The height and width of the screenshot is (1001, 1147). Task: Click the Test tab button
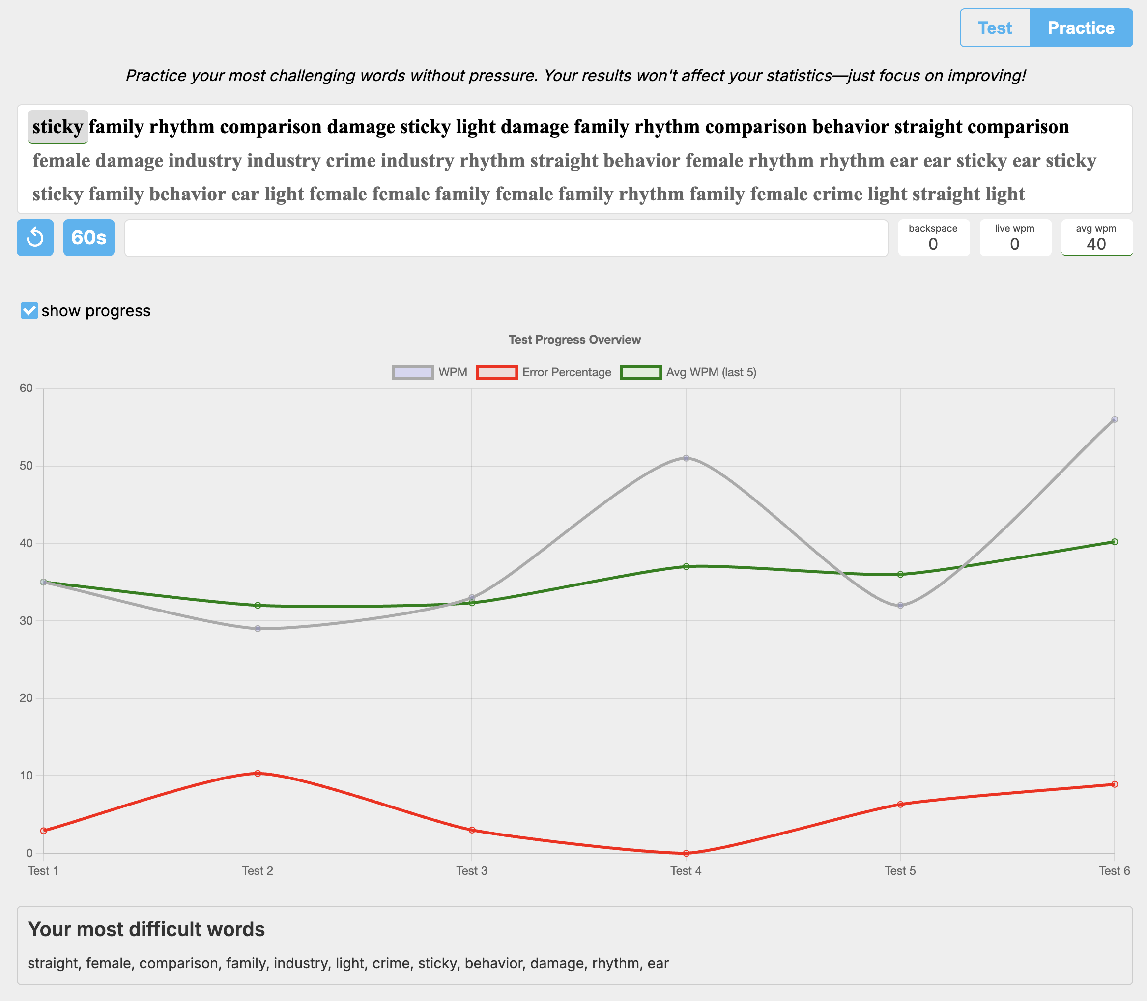pos(994,28)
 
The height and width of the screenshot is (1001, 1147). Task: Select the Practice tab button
pos(1081,28)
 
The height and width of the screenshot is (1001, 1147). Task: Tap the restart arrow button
pos(35,237)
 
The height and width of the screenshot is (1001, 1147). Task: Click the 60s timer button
pos(89,237)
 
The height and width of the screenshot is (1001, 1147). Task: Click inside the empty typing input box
pos(505,238)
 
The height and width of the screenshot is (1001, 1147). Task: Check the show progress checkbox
pos(29,310)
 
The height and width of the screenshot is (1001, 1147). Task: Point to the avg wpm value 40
pos(1096,244)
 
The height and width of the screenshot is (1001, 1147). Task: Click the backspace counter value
pos(933,244)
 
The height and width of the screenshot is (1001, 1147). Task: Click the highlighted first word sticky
pos(57,127)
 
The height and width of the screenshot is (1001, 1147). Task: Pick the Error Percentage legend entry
pos(544,372)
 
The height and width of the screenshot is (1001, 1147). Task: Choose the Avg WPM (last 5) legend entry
pos(688,372)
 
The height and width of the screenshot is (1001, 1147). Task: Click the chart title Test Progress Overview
pos(574,339)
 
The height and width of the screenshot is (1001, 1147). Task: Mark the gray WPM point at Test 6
pos(1114,419)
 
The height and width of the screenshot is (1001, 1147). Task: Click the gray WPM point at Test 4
pos(686,458)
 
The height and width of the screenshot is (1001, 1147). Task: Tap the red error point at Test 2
pos(258,774)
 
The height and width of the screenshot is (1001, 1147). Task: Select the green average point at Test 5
pos(900,574)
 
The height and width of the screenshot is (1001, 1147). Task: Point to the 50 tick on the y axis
pos(26,466)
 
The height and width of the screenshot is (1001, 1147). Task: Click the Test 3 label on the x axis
pos(472,870)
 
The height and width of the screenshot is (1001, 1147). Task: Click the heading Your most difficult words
pos(146,929)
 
